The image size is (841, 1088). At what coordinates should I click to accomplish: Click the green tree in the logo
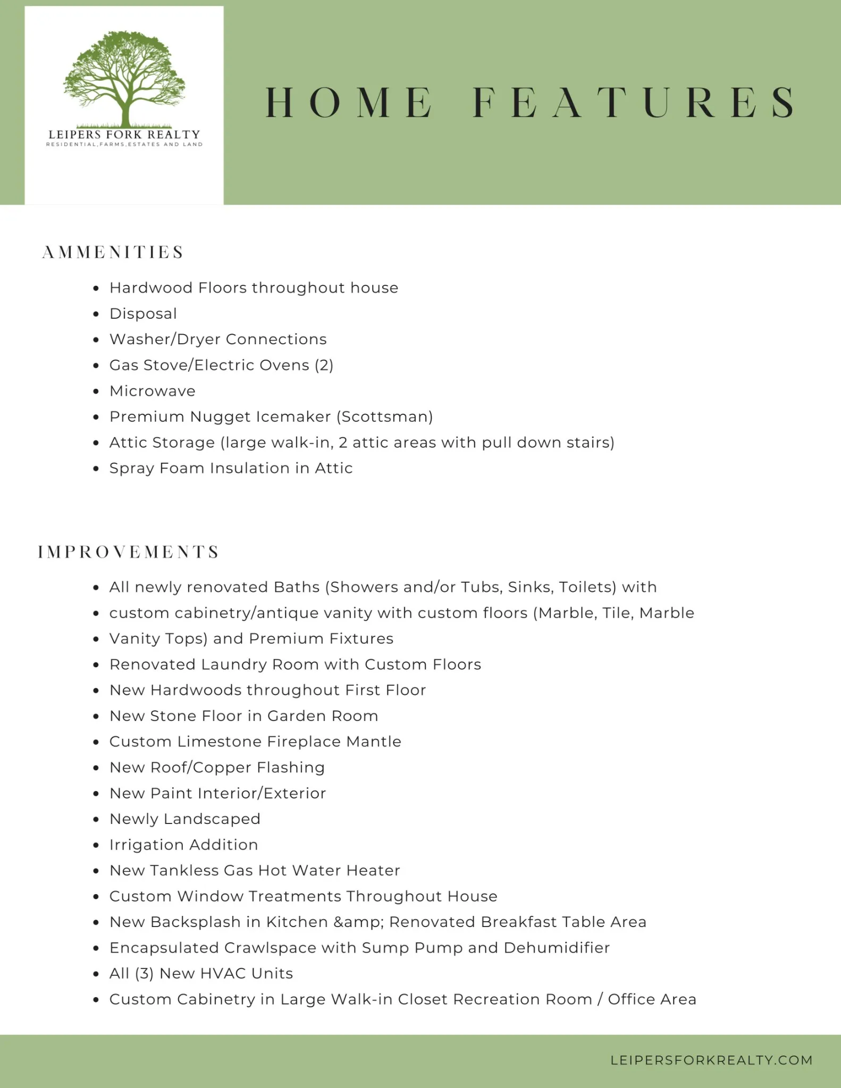coord(124,77)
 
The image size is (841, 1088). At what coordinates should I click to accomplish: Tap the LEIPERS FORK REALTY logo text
coord(124,134)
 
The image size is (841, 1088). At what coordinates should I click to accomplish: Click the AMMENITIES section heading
coord(113,252)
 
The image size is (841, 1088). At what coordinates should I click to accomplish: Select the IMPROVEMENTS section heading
coord(129,552)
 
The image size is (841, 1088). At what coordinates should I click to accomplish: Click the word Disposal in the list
coord(143,314)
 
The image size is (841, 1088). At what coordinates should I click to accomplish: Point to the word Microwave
coord(153,391)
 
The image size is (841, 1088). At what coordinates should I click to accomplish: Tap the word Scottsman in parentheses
coord(385,416)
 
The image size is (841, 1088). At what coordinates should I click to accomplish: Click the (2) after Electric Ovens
coord(324,365)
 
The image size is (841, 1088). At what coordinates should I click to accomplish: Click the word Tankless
coord(183,870)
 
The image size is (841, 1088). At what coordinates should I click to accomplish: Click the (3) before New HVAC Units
coord(144,973)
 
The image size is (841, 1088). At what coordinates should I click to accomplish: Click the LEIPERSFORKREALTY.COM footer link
coord(711,1060)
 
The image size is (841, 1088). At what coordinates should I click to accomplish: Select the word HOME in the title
coord(349,103)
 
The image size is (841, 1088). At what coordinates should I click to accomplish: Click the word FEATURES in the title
coord(634,103)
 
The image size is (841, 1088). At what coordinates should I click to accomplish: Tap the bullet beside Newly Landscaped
coord(96,819)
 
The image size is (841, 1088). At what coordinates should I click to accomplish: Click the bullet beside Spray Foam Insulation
coord(96,469)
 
